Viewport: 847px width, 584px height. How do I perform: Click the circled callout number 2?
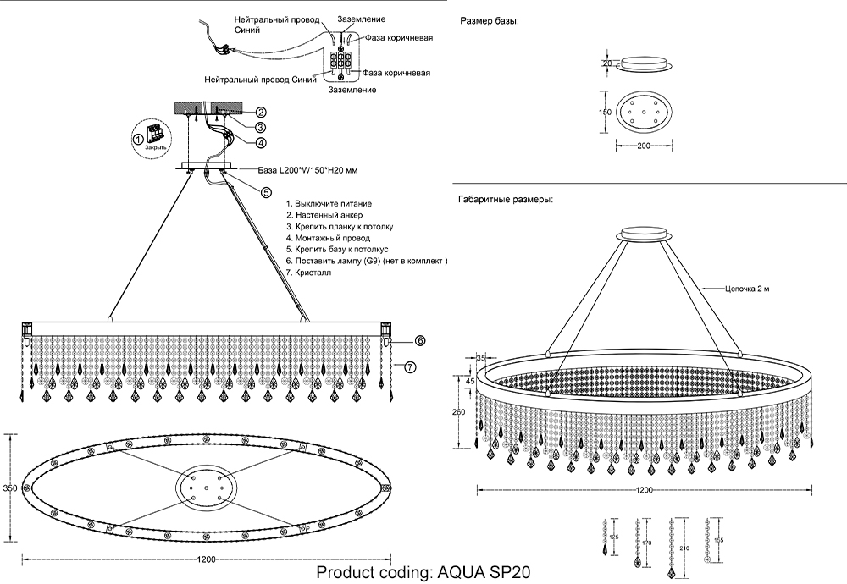[x=262, y=112]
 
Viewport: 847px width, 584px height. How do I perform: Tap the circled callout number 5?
[x=266, y=192]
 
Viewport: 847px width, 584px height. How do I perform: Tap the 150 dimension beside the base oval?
[x=606, y=112]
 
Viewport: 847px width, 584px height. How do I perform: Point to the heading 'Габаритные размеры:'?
[x=506, y=201]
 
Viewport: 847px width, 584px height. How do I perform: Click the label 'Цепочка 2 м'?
[x=746, y=289]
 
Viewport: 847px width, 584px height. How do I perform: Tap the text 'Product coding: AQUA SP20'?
[x=423, y=572]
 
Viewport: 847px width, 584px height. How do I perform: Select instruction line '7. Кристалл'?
[x=309, y=274]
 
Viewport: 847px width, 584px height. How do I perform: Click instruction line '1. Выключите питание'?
[x=329, y=204]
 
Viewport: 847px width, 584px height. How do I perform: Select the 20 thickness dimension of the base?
[x=606, y=63]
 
